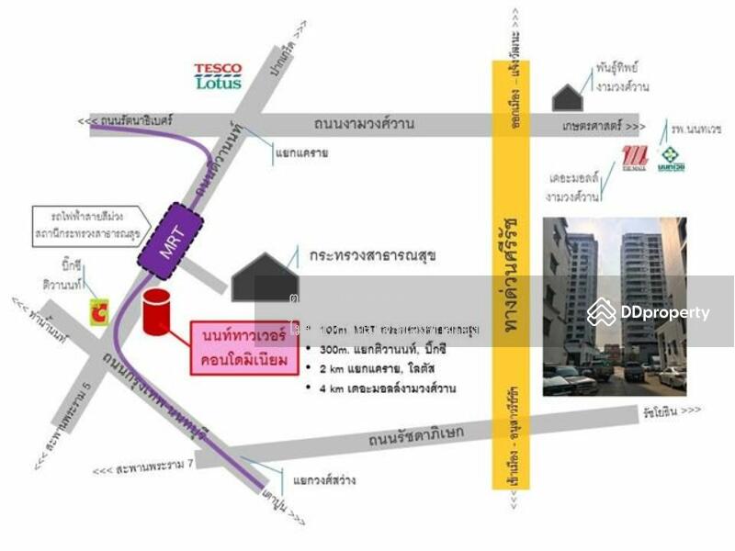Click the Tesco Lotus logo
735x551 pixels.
pyautogui.click(x=218, y=76)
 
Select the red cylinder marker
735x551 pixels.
pyautogui.click(x=158, y=309)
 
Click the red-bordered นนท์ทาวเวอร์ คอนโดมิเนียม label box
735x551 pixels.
pyautogui.click(x=244, y=348)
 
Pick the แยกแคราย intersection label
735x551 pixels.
pyautogui.click(x=301, y=153)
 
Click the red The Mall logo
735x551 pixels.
pyautogui.click(x=635, y=158)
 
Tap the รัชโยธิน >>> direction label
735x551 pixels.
pyautogui.click(x=672, y=410)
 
